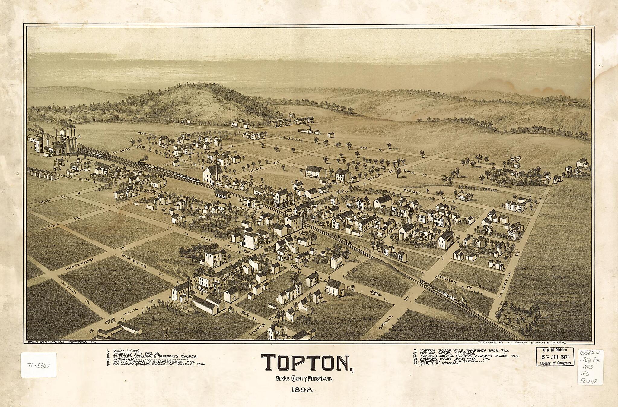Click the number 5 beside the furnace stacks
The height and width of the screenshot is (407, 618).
click(79, 136)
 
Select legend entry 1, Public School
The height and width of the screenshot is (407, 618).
click(124, 351)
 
